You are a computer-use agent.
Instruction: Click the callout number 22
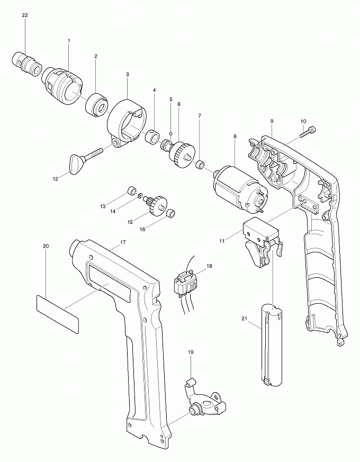point(25,15)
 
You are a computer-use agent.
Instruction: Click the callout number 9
point(271,121)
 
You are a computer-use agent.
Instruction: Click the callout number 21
point(244,319)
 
